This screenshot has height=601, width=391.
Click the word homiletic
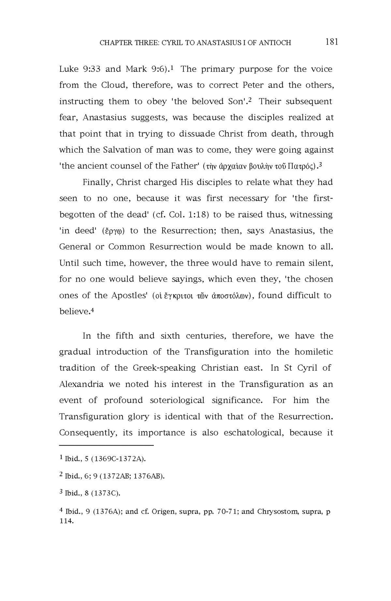click(x=314, y=352)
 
